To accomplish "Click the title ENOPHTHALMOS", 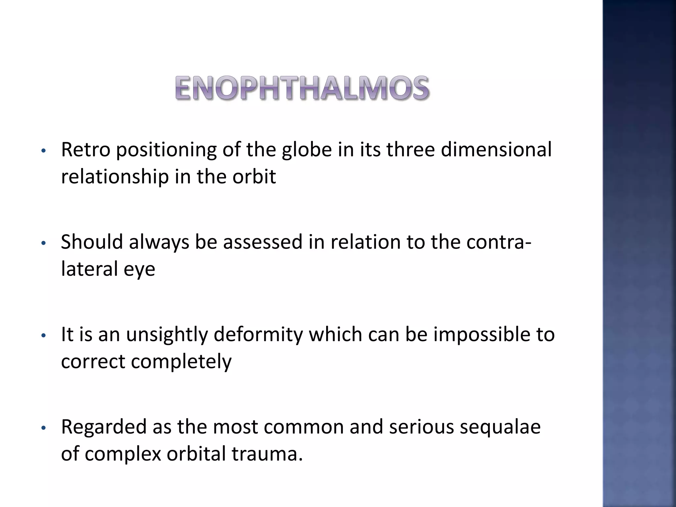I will (x=302, y=88).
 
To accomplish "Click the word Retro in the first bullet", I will (x=85, y=150).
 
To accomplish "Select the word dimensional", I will (x=496, y=150).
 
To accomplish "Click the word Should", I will (x=92, y=242).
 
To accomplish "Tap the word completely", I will (x=181, y=362).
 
